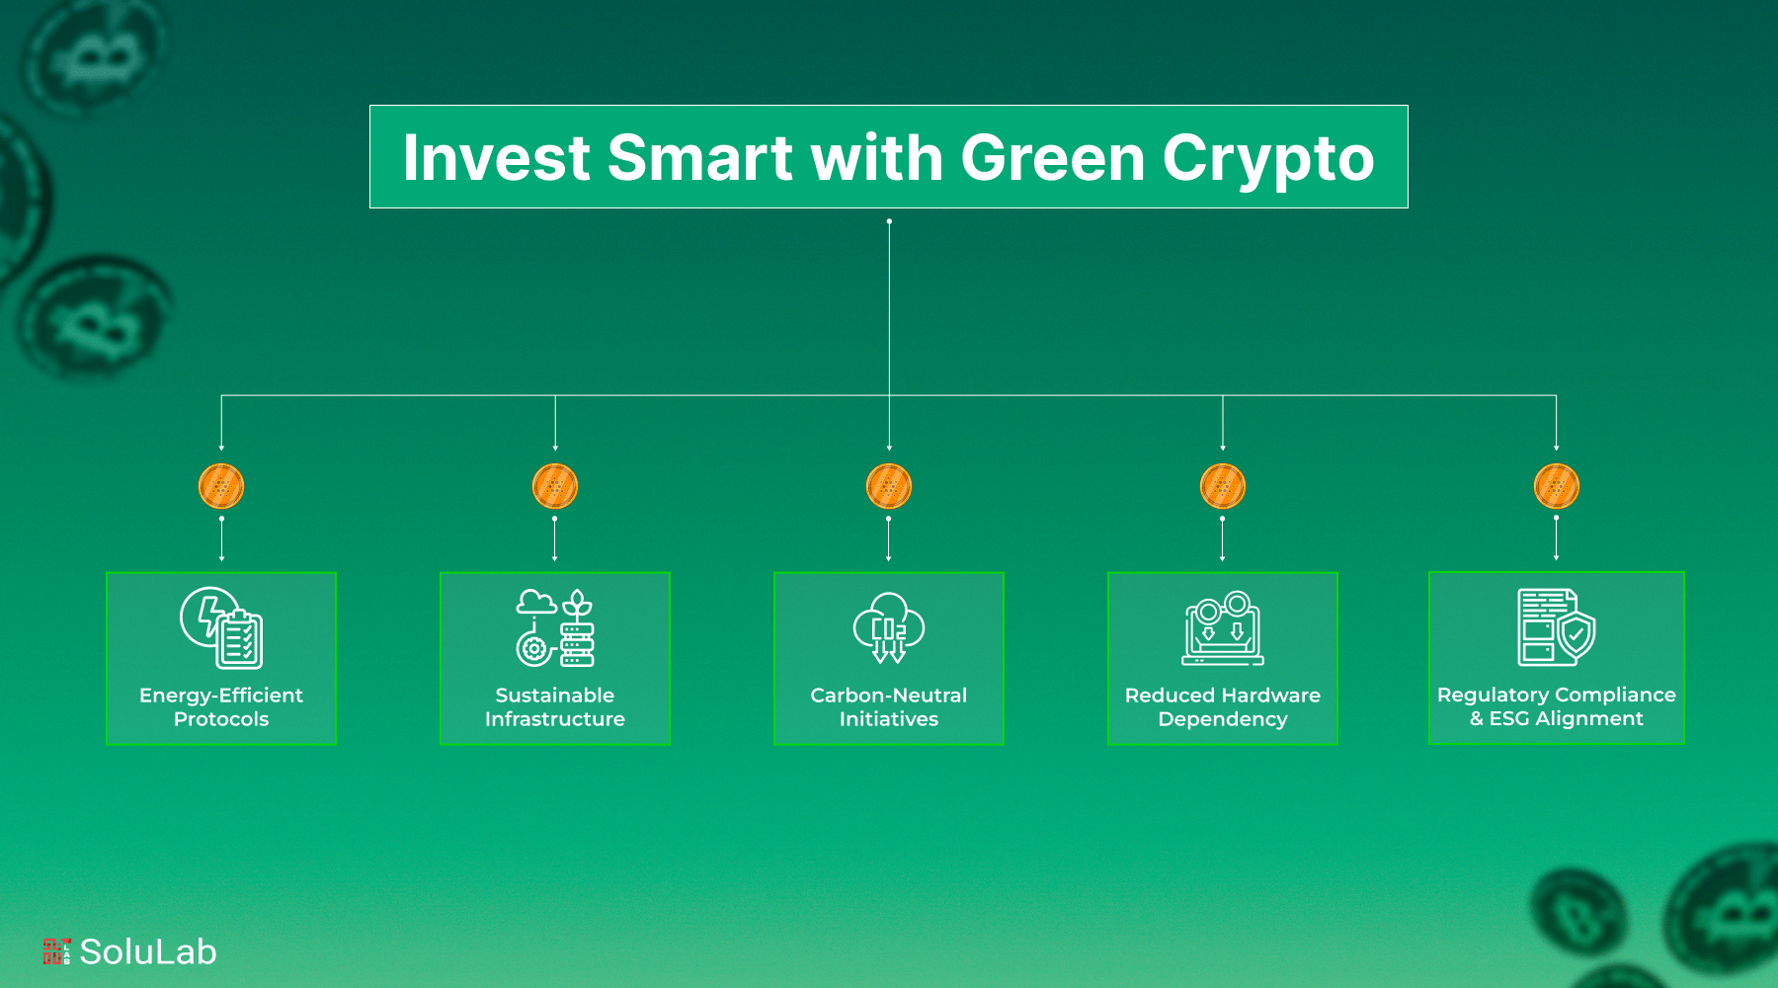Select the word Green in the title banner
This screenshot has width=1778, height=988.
(1051, 158)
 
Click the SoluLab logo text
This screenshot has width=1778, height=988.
(148, 951)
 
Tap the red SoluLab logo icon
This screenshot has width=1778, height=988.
(56, 951)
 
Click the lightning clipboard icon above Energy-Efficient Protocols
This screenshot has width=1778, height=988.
(221, 627)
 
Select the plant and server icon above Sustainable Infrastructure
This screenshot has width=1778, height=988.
(555, 627)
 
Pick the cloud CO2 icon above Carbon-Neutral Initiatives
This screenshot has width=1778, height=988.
(889, 627)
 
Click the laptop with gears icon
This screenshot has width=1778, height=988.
(1223, 628)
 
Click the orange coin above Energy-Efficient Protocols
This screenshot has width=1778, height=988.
(221, 486)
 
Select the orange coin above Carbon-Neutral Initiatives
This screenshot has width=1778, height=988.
(889, 486)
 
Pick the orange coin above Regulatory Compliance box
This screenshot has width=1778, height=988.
(1557, 486)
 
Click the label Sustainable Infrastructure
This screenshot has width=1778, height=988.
(555, 707)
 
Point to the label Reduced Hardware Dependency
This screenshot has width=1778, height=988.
(1223, 707)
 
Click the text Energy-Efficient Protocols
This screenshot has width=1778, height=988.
(221, 707)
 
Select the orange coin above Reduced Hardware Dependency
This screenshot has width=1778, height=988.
(1223, 486)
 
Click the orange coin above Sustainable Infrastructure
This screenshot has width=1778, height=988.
(555, 486)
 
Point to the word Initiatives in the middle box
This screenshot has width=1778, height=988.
(889, 719)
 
